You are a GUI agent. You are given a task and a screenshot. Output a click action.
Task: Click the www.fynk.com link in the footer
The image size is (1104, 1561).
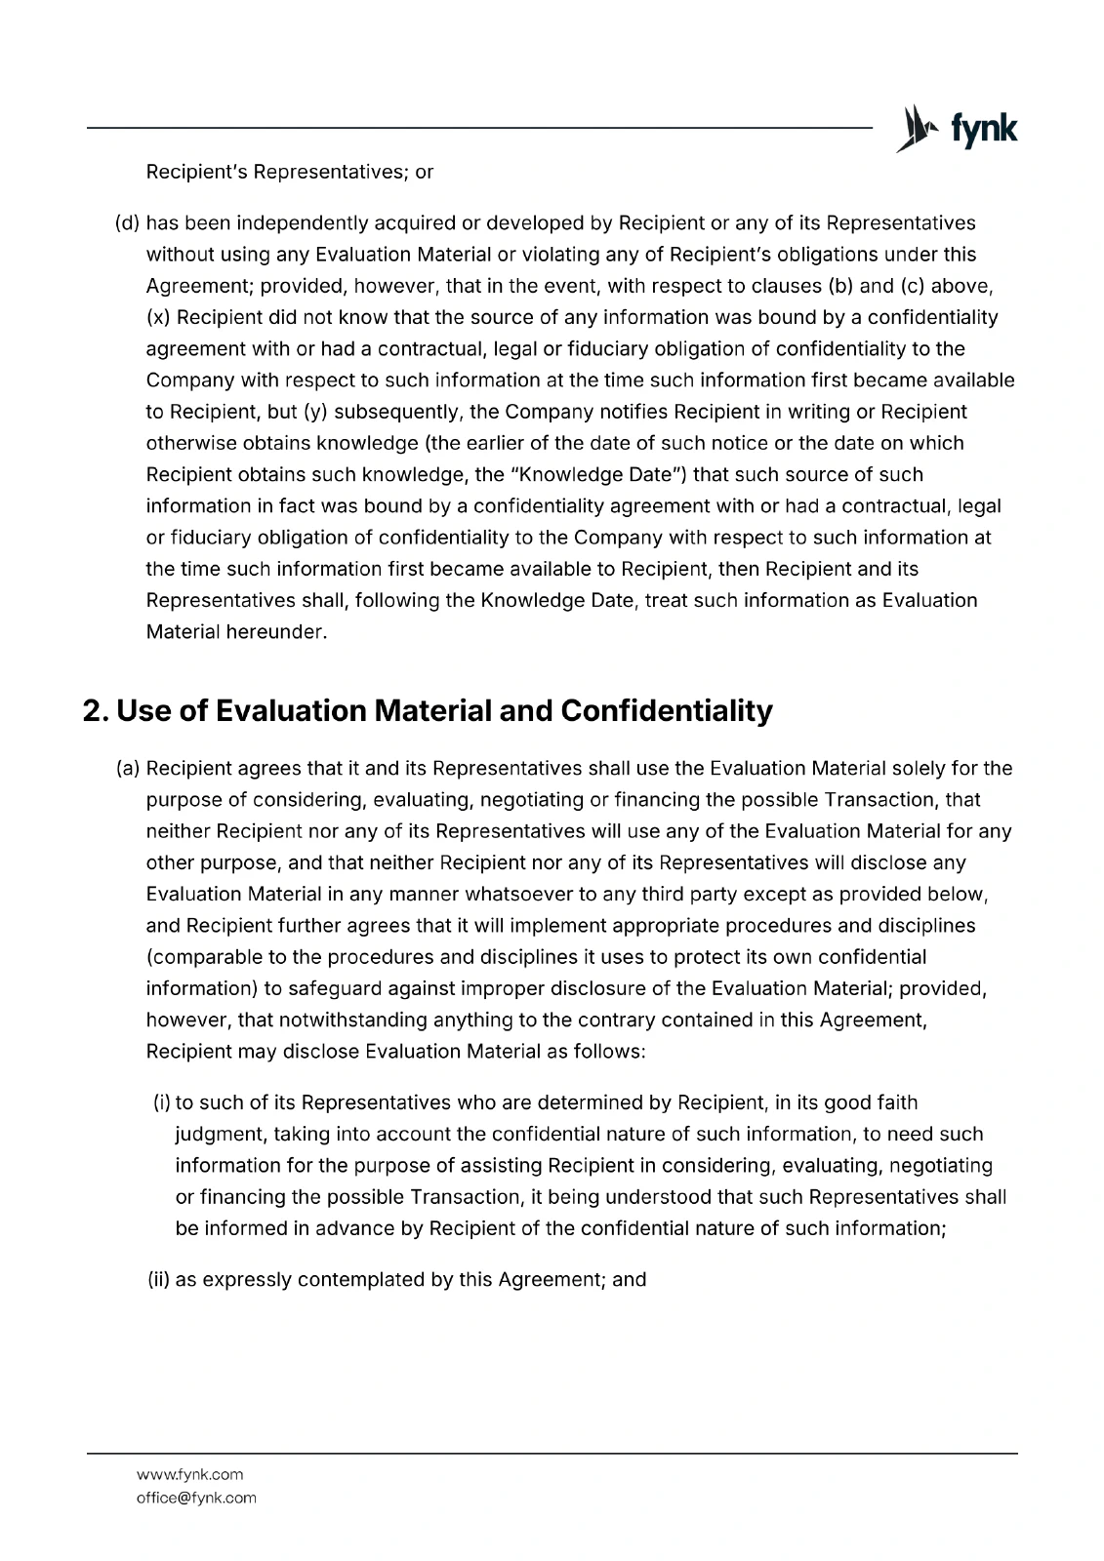189,1474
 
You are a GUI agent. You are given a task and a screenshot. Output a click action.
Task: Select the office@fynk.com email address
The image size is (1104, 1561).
196,1498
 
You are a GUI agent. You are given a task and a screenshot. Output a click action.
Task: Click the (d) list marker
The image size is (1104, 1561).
127,223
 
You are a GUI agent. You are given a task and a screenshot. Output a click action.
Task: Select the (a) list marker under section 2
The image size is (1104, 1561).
127,769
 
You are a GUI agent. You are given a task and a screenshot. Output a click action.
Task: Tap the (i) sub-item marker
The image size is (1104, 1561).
162,1102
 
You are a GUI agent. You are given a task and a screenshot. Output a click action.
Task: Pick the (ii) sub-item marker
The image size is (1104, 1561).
159,1279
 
